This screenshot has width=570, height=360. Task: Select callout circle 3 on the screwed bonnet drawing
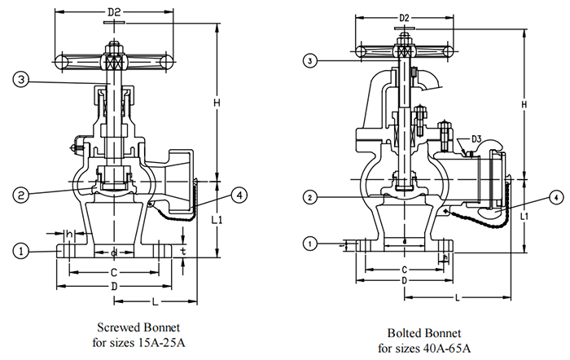click(22, 79)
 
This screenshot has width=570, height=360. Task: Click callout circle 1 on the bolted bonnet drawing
click(310, 243)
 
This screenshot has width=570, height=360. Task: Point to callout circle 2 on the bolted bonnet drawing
click(310, 197)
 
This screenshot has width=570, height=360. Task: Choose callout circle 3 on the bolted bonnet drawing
click(310, 59)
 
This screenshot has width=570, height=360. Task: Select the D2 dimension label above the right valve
click(403, 18)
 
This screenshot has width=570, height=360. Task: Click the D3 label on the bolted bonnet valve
click(476, 140)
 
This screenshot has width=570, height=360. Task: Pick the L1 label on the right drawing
click(526, 217)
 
